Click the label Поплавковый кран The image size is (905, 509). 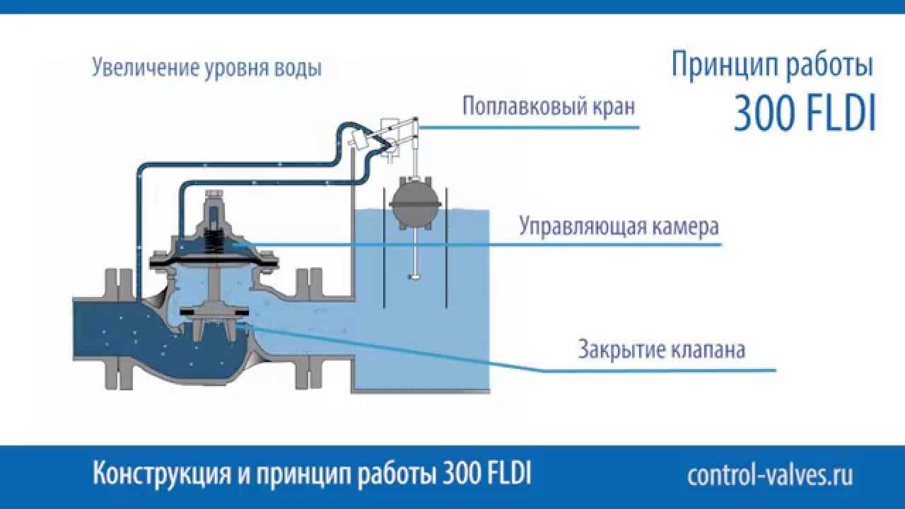549,107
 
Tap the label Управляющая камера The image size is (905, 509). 619,228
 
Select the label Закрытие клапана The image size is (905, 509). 661,349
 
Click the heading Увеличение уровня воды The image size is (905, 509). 207,69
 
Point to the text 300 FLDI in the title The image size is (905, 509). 805,114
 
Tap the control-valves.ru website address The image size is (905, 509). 770,475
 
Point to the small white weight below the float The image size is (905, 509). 415,276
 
